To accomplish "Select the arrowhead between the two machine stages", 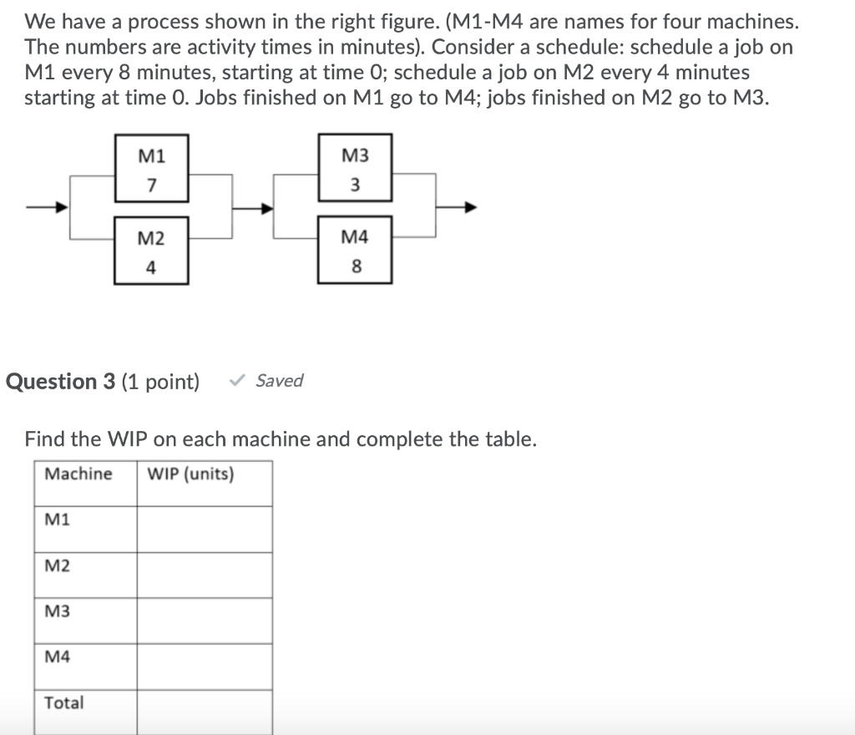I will pyautogui.click(x=266, y=208).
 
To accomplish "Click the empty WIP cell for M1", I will pyautogui.click(x=205, y=529).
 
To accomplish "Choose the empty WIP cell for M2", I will pyautogui.click(x=205, y=575).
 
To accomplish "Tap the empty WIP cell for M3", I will pyautogui.click(x=205, y=620).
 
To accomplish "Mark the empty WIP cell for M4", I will pyautogui.click(x=205, y=666).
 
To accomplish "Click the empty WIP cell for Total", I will pyautogui.click(x=205, y=711).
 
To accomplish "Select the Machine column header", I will pyautogui.click(x=78, y=474).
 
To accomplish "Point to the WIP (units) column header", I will pyautogui.click(x=190, y=474).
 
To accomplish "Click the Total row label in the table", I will pyautogui.click(x=64, y=703).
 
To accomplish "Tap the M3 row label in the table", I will pyautogui.click(x=58, y=611).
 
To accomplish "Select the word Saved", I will pyautogui.click(x=280, y=381).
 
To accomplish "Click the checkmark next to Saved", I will pyautogui.click(x=238, y=382).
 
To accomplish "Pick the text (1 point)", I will pyautogui.click(x=161, y=382).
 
